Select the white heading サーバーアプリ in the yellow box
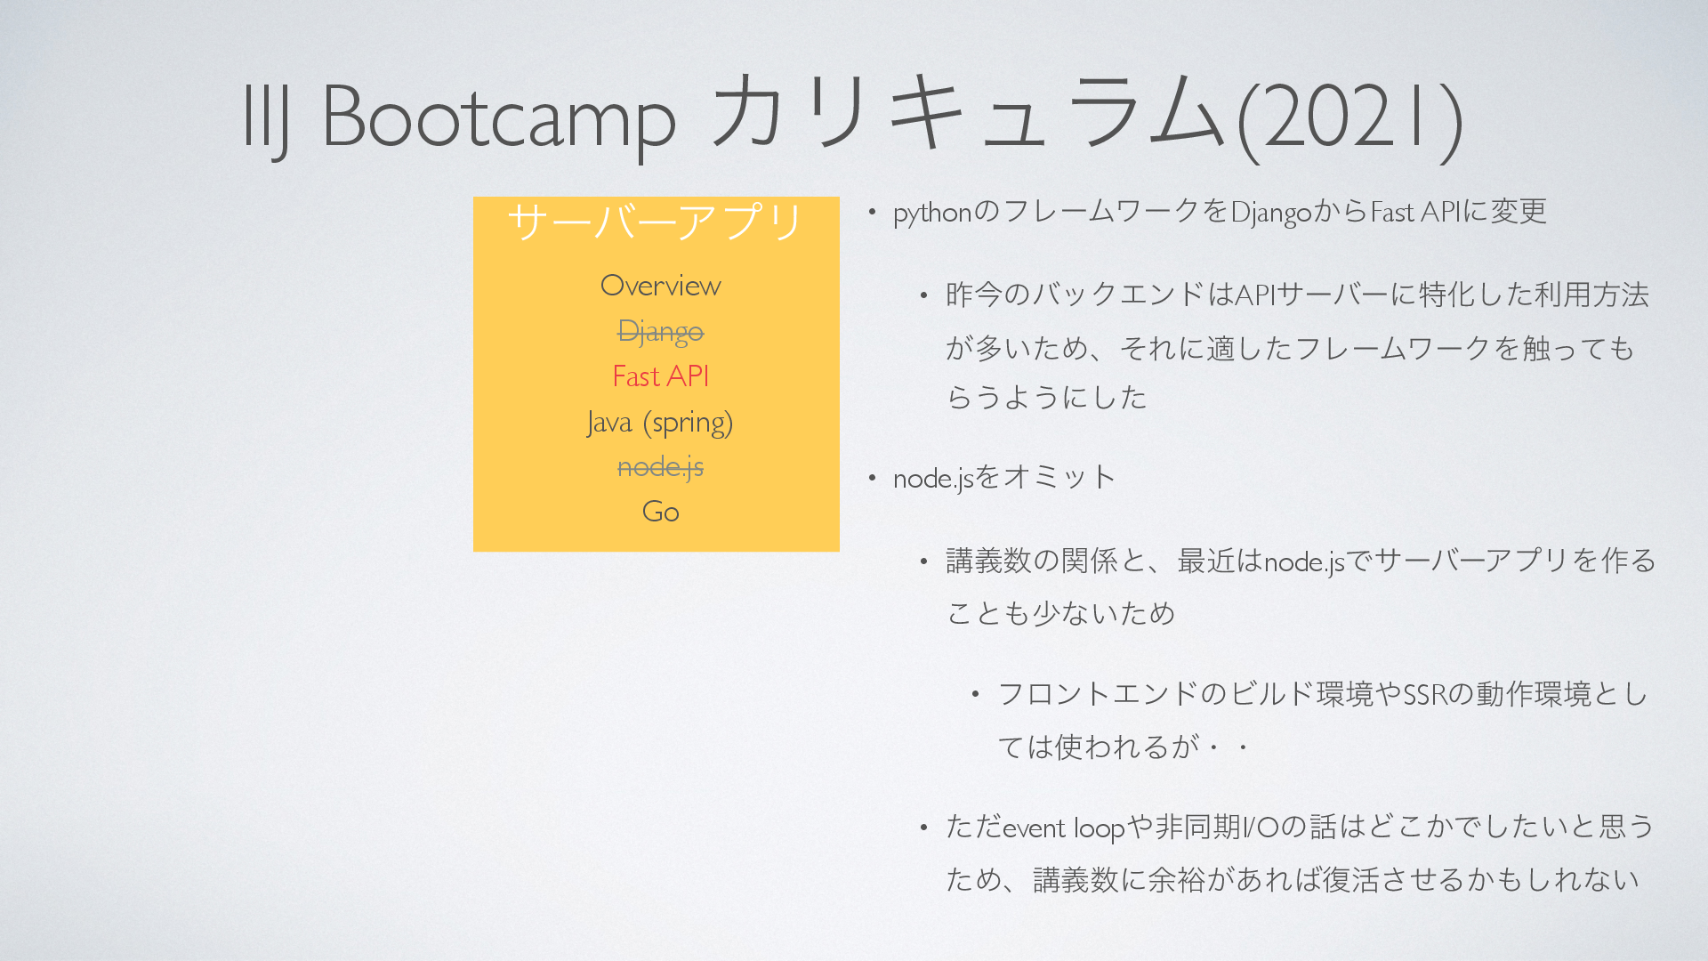click(657, 222)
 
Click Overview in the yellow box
click(660, 286)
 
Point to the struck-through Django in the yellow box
click(660, 332)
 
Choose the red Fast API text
click(660, 376)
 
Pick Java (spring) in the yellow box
click(660, 423)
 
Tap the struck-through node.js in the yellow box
click(660, 467)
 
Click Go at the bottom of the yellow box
click(660, 512)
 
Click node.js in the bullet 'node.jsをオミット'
click(933, 479)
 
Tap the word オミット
click(1059, 478)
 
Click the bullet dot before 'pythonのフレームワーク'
click(873, 212)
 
